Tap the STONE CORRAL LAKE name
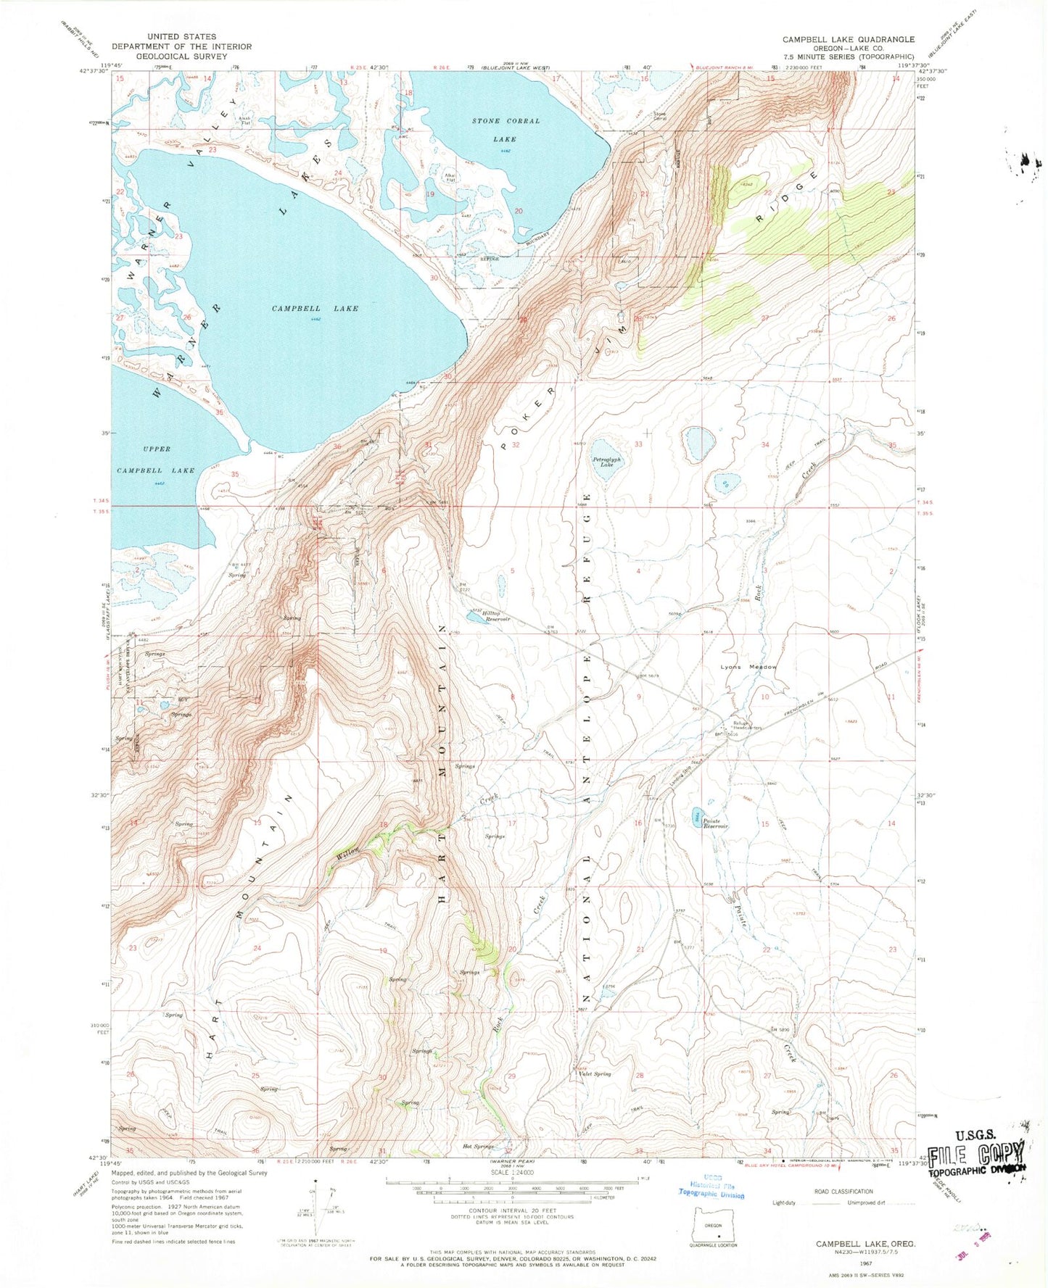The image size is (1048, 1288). [506, 130]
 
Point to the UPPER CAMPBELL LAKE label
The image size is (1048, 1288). [156, 460]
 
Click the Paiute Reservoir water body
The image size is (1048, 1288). [696, 815]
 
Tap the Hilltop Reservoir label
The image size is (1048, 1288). [493, 616]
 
